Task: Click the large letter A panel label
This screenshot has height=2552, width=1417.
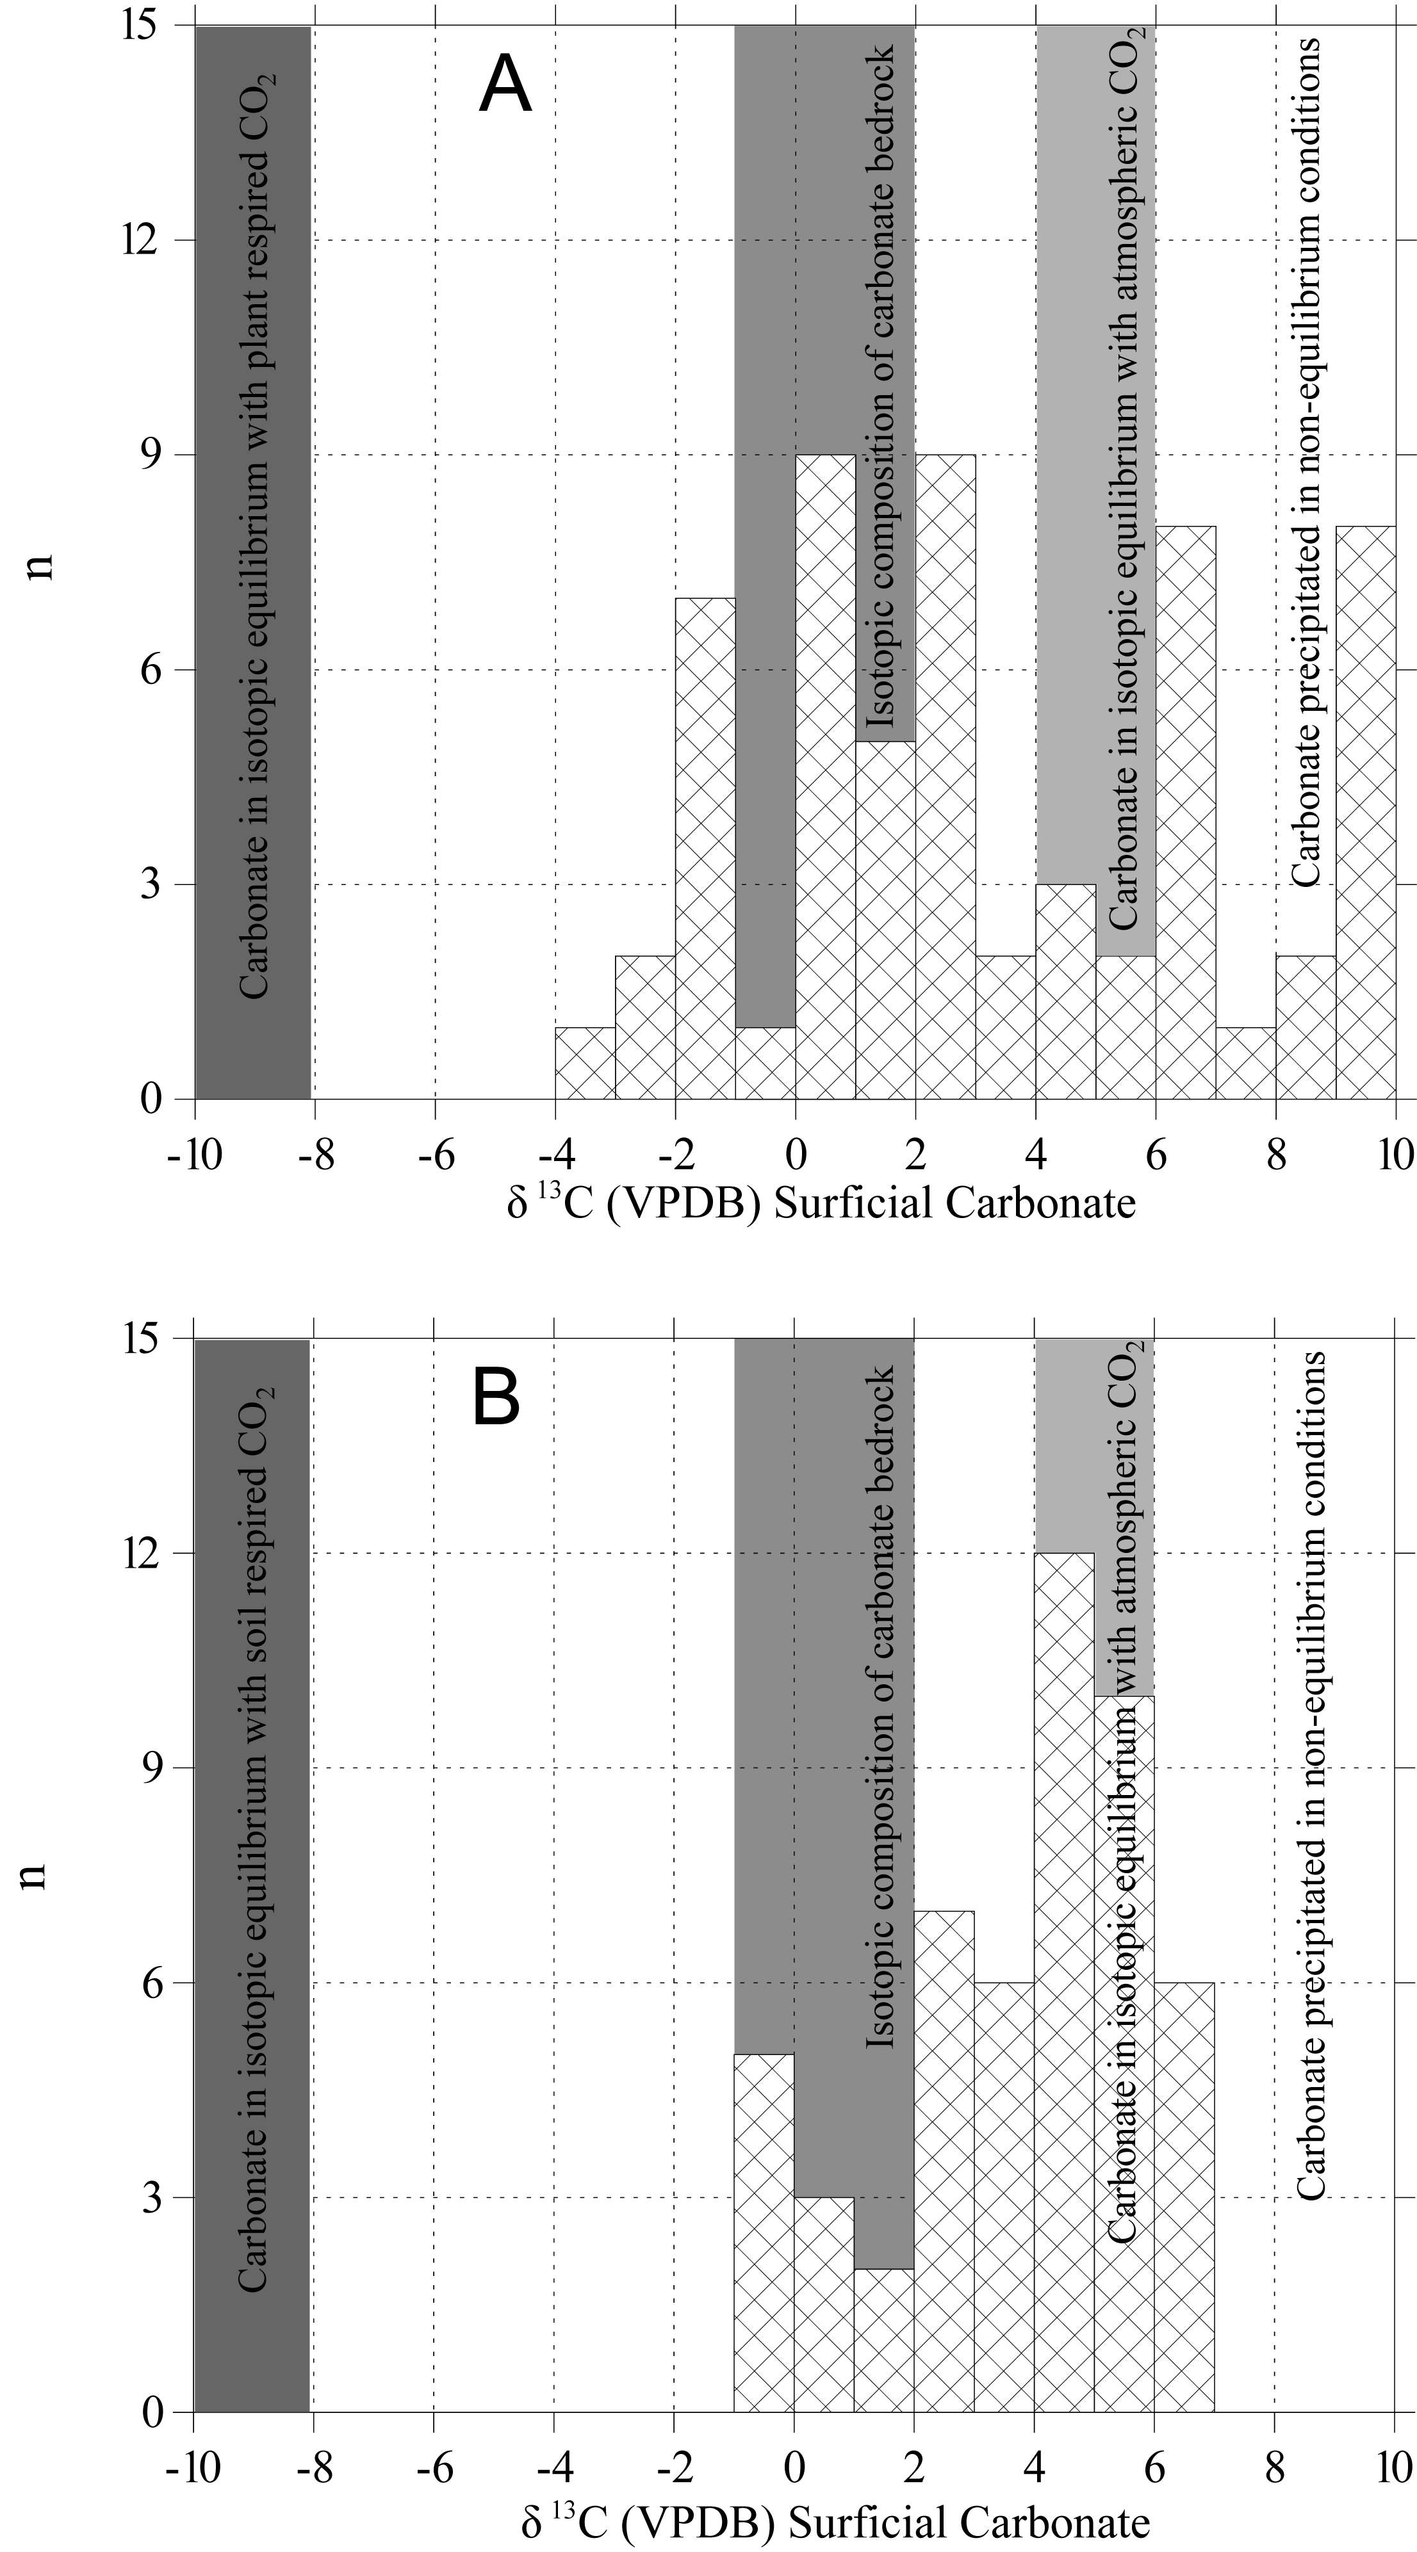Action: point(505,86)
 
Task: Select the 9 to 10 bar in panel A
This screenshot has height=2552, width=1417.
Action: point(1366,813)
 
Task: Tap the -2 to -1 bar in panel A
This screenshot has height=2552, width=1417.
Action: point(705,849)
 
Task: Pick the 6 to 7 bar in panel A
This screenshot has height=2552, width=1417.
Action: point(1185,813)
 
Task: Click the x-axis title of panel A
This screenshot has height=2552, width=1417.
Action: point(821,1205)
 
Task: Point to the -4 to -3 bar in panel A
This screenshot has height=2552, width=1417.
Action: point(585,1063)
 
